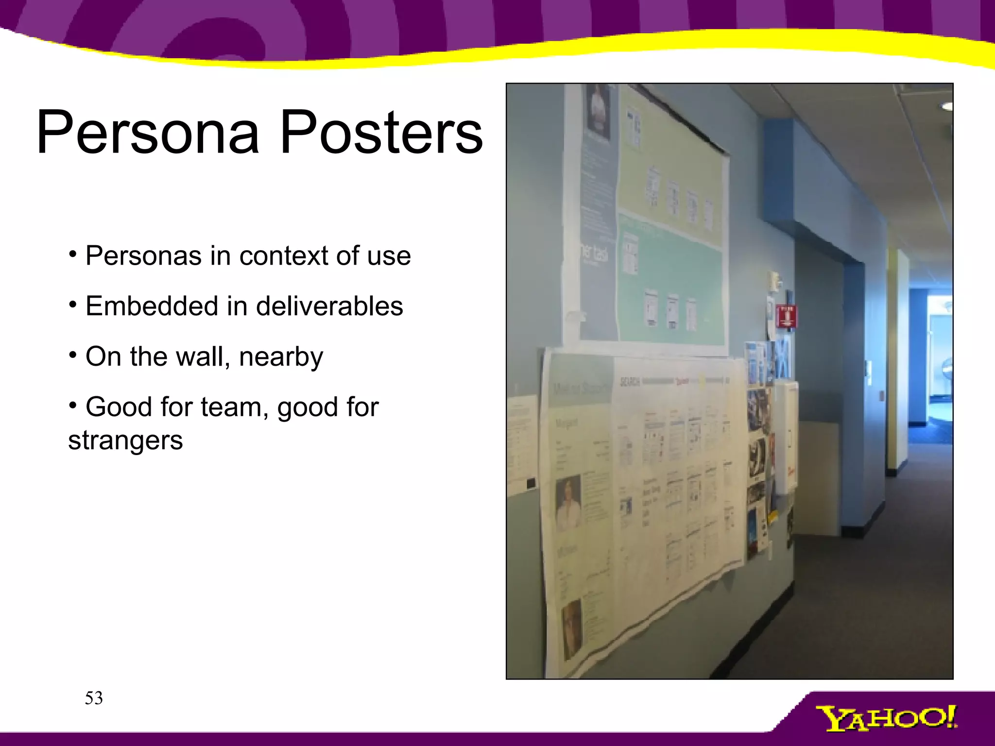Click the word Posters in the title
(381, 132)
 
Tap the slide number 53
(94, 698)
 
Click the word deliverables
(329, 306)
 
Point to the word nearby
(281, 357)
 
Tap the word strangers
(125, 440)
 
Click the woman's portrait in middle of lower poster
(568, 503)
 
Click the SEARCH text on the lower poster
(629, 382)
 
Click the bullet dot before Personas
(72, 254)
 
